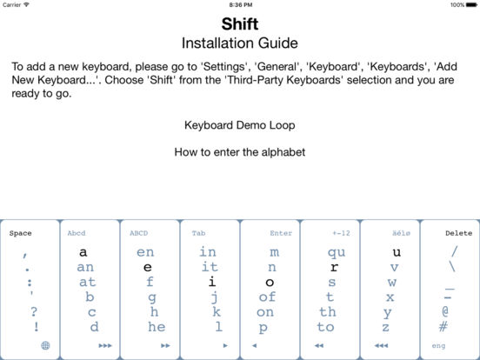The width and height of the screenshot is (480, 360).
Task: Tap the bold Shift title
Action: (240, 23)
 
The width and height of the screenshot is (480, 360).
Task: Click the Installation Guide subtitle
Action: (240, 43)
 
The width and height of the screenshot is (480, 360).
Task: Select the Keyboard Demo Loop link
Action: (240, 125)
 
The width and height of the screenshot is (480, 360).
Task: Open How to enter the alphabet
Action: (240, 152)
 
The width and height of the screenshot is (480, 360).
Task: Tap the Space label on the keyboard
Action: (20, 233)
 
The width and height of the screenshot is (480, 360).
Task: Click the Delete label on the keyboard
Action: (458, 233)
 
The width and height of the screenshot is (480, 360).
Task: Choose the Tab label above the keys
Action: (198, 233)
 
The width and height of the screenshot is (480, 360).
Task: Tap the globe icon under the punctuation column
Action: (45, 345)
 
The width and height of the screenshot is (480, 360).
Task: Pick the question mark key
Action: (34, 311)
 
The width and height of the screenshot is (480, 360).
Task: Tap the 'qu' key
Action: (337, 252)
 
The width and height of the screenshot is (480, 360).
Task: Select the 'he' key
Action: (157, 327)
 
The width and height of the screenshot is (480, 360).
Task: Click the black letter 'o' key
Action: (270, 283)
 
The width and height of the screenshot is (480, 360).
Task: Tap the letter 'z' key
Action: (386, 327)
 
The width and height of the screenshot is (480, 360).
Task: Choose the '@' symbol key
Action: (445, 311)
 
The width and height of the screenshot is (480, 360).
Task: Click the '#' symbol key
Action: (443, 326)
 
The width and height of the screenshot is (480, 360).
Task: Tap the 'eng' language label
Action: (438, 346)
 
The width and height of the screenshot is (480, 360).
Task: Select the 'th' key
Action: (328, 312)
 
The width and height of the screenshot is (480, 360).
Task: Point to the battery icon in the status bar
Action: (471, 5)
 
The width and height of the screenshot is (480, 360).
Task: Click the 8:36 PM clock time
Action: (241, 5)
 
